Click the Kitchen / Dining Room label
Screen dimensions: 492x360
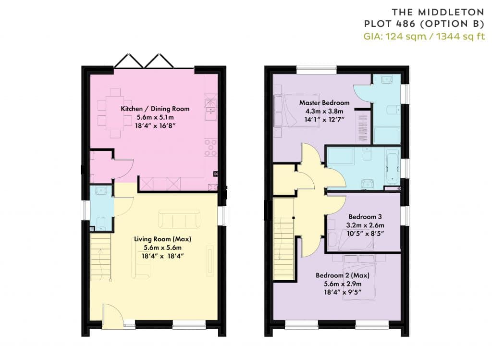click(x=155, y=109)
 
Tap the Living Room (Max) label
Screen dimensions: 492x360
click(x=162, y=239)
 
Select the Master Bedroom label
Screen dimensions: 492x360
click(x=324, y=103)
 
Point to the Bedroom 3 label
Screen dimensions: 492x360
click(x=365, y=217)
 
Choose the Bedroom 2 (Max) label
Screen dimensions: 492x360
click(x=343, y=275)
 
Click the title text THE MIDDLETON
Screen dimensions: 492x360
click(x=438, y=12)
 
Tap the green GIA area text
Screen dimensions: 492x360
click(x=424, y=37)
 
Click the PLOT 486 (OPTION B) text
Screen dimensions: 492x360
click(x=424, y=24)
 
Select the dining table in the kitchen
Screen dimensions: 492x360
click(x=115, y=113)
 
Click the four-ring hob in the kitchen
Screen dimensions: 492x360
click(x=211, y=148)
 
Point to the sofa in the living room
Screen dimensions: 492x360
click(x=179, y=219)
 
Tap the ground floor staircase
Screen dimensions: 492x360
click(x=101, y=257)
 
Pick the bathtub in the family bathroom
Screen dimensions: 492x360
click(x=392, y=166)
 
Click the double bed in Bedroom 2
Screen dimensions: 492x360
click(x=359, y=277)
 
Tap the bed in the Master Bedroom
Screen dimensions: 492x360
click(x=297, y=111)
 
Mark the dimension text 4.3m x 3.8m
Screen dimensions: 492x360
click(x=324, y=111)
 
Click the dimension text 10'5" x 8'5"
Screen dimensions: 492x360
click(x=365, y=234)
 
